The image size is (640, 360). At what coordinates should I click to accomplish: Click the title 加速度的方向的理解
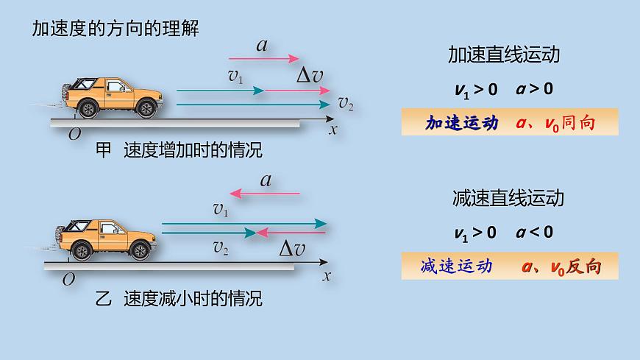pyautogui.click(x=115, y=29)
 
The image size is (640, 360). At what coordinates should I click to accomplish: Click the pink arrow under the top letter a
pyautogui.click(x=264, y=58)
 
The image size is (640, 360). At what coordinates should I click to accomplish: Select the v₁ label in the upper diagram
pyautogui.click(x=235, y=77)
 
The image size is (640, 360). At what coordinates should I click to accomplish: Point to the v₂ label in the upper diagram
pyautogui.click(x=346, y=103)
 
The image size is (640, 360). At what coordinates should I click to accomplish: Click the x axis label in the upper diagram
pyautogui.click(x=333, y=130)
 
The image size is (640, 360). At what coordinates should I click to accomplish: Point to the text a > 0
pyautogui.click(x=535, y=90)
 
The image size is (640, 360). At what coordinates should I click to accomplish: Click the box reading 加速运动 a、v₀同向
pyautogui.click(x=510, y=122)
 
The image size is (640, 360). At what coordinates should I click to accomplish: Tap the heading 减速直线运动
pyautogui.click(x=508, y=198)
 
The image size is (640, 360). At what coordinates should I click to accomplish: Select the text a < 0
pyautogui.click(x=535, y=233)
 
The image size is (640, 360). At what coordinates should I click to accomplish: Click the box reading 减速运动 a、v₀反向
pyautogui.click(x=510, y=265)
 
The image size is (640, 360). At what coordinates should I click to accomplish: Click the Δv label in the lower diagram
pyautogui.click(x=292, y=249)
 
